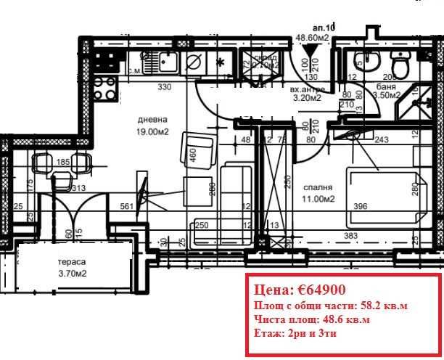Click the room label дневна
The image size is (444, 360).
click(153, 119)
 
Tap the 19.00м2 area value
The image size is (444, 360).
click(153, 131)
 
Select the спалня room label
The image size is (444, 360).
click(318, 187)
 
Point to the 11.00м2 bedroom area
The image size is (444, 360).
click(319, 198)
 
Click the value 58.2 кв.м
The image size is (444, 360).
click(382, 306)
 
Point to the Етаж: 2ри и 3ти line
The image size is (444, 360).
click(295, 332)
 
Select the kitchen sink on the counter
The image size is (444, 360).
click(164, 63)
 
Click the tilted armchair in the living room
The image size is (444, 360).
click(197, 147)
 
